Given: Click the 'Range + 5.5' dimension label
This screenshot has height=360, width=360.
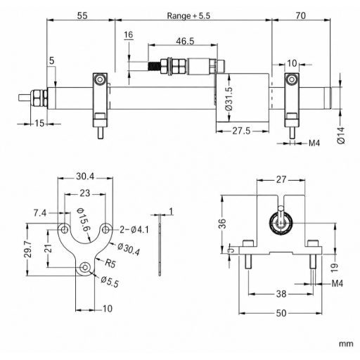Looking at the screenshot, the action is [188, 15].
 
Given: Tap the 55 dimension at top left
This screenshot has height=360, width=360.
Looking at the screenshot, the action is [82, 15].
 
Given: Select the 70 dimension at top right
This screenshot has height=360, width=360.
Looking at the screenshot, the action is [300, 15].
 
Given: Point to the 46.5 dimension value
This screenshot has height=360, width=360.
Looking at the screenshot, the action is [185, 41].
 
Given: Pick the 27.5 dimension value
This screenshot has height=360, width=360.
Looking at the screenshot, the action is [241, 131].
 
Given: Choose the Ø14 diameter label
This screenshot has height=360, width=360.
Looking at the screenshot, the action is [341, 135].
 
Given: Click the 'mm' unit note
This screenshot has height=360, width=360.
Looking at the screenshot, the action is [346, 344].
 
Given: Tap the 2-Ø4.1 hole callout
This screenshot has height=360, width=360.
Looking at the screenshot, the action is [134, 230].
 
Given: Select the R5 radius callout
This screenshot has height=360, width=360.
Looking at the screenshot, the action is [110, 264].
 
